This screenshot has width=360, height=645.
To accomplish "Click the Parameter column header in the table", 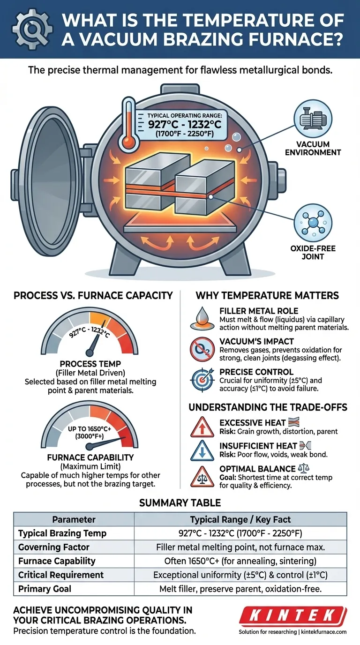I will coord(74,519).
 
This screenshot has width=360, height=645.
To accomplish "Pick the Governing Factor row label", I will coord(53,547).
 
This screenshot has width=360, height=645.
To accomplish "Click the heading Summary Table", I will coord(180,502).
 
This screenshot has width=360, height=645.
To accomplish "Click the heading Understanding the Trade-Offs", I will coord(268,407).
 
